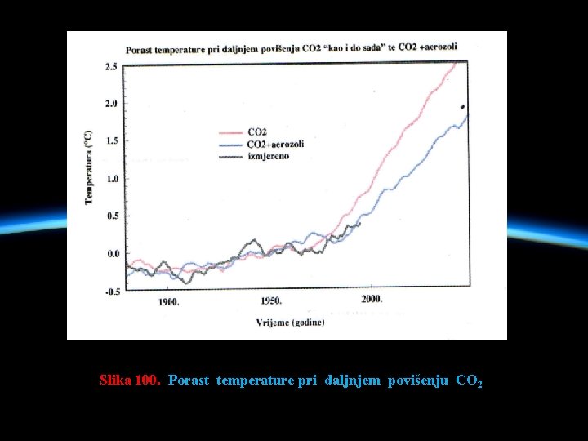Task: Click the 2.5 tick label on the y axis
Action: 111,66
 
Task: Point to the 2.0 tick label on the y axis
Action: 111,104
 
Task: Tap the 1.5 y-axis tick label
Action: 111,141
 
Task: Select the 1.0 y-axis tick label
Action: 111,179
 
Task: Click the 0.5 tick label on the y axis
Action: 111,216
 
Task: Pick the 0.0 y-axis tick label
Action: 111,254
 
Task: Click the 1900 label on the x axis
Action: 168,301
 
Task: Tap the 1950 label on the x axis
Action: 270,301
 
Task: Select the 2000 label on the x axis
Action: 371,300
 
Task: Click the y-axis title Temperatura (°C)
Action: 89,167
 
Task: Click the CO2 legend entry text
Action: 258,132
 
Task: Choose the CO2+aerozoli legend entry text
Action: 274,144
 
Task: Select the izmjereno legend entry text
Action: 269,155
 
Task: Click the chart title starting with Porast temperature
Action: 291,48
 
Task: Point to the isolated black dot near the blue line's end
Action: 462,107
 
